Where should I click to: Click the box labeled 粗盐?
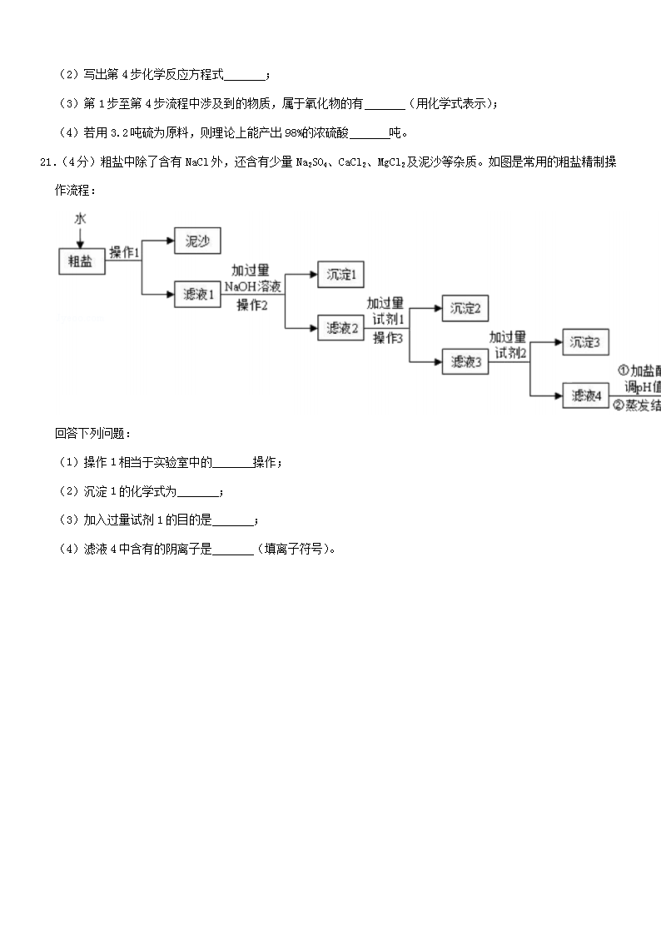(81, 261)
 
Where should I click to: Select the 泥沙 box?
(197, 241)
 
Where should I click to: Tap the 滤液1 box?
(198, 295)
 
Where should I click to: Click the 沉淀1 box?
(340, 275)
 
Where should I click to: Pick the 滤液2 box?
(341, 328)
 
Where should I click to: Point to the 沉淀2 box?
(465, 308)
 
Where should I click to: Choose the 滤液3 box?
(465, 361)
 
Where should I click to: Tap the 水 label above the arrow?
(80, 218)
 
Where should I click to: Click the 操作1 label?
(125, 252)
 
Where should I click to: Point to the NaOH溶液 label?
(252, 286)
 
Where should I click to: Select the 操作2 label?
(252, 305)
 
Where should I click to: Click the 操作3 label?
(387, 337)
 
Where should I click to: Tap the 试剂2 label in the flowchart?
(510, 353)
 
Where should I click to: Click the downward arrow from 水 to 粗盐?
(80, 236)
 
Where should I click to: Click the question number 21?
(47, 162)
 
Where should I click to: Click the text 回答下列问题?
(92, 434)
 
